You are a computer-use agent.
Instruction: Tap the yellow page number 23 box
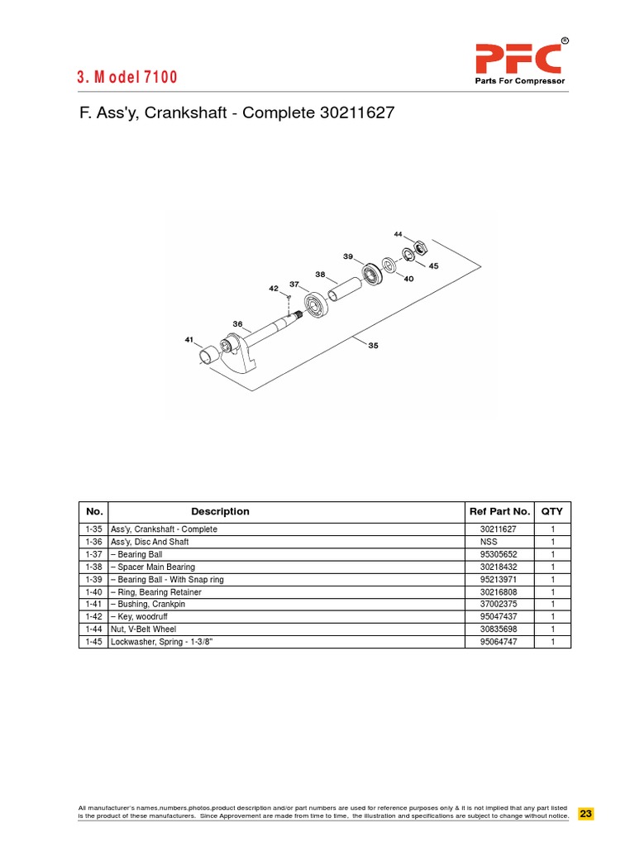pos(585,813)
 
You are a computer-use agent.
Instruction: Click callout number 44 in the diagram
pos(398,234)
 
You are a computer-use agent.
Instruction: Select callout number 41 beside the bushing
pos(189,339)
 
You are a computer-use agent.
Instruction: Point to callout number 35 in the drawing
pos(373,346)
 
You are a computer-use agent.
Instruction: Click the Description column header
pos(220,511)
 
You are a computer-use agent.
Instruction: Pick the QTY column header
pos(551,511)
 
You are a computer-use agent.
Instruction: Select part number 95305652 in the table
pos(498,554)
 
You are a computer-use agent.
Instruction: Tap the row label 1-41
pos(93,604)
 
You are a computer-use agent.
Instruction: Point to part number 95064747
pos(498,641)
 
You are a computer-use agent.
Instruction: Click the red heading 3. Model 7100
pos(127,78)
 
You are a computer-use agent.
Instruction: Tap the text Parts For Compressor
pos(518,82)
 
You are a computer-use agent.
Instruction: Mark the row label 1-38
pos(93,567)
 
